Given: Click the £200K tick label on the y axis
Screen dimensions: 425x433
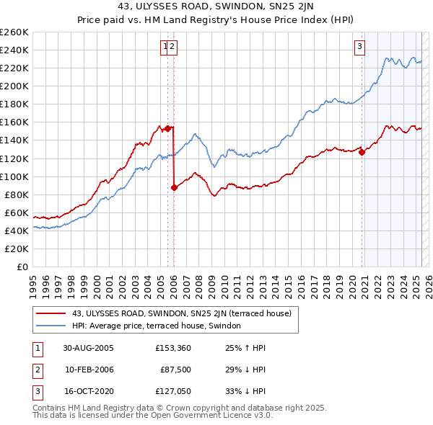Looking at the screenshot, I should [x=14, y=86].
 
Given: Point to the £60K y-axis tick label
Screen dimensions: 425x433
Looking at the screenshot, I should [x=17, y=212].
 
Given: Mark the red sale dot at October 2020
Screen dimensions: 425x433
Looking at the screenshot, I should [x=362, y=151].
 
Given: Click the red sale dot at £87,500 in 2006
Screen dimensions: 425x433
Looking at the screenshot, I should [x=174, y=187].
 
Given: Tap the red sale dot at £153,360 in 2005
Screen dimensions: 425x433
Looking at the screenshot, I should [x=168, y=127].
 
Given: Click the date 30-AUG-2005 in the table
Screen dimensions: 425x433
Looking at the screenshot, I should [x=89, y=347].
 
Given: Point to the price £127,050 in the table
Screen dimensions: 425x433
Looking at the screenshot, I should [x=172, y=393].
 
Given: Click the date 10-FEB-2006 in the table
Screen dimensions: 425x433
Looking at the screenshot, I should [x=89, y=370].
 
